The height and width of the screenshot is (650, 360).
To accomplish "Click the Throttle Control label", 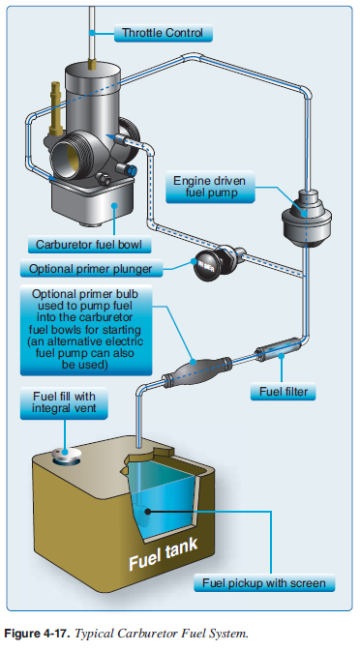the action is coord(163,33).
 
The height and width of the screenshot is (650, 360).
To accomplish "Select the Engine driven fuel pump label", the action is coord(210,187).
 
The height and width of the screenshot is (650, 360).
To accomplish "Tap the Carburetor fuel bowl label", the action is coord(89,245).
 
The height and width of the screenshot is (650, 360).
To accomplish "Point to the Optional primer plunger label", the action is coord(91,269).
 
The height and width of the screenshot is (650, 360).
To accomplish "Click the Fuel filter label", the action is coord(283,392).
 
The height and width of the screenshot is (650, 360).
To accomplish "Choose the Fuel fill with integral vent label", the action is coord(64,402).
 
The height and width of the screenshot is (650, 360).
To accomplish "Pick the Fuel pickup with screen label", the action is coord(264,583).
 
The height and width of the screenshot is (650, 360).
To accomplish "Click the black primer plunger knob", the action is coord(210,266).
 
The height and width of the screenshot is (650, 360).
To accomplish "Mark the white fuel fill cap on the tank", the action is coord(64,455).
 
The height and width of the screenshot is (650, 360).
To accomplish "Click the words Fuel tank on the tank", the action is coord(164,555).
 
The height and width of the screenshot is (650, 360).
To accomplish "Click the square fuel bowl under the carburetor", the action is coord(93,202).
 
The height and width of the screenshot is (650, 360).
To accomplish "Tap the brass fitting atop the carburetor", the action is coord(93,64).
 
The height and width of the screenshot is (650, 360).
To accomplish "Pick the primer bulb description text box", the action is coord(86,330).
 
